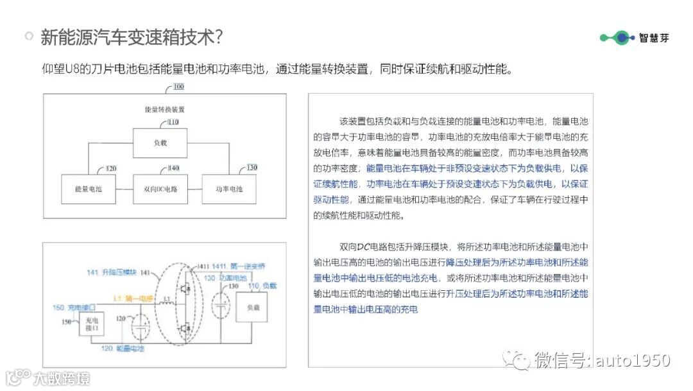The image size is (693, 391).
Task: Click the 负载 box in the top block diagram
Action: pyautogui.click(x=160, y=143)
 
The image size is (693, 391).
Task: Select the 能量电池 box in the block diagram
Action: pyautogui.click(x=88, y=190)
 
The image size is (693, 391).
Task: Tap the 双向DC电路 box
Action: pyautogui.click(x=160, y=190)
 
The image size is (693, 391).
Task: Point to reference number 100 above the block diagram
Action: pyautogui.click(x=178, y=87)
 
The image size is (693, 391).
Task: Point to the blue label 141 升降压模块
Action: pyautogui.click(x=112, y=273)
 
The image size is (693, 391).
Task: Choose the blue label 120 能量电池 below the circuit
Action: pyautogui.click(x=122, y=348)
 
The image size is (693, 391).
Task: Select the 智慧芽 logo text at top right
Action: pyautogui.click(x=654, y=38)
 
